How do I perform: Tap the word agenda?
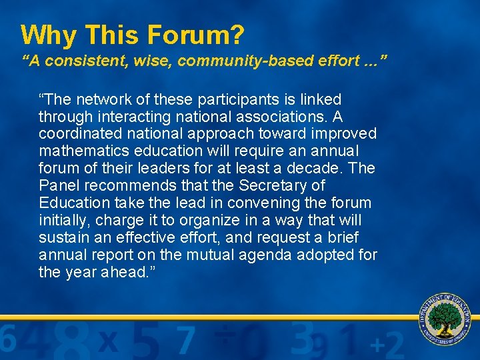click(253, 255)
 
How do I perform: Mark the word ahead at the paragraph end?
click(120, 273)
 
